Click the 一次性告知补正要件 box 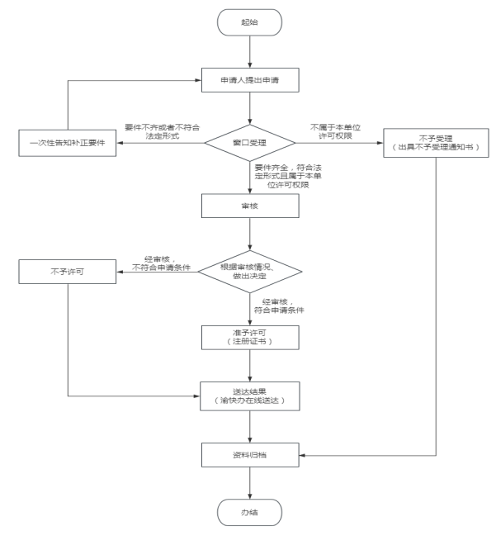coord(67,143)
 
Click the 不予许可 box coord(67,270)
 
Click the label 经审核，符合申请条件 coord(285,305)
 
